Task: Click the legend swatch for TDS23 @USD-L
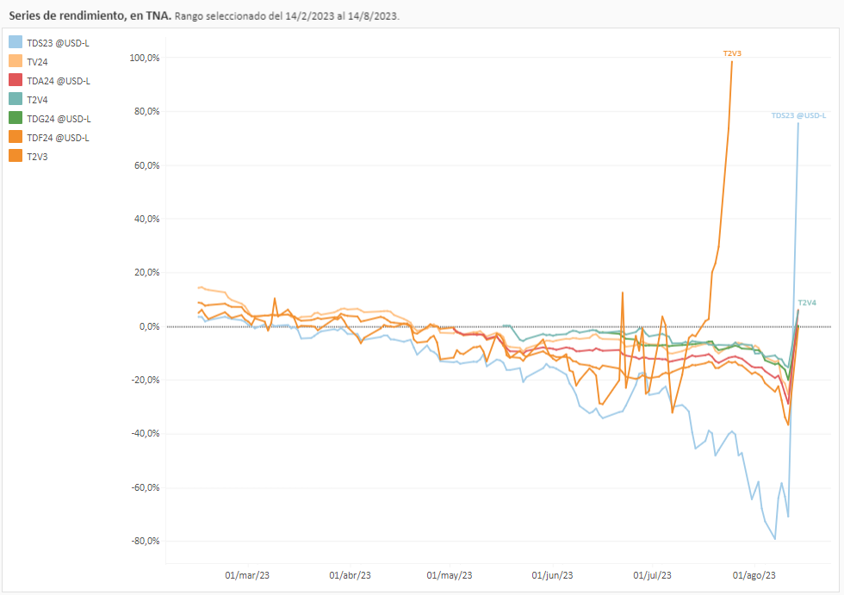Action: tap(16, 42)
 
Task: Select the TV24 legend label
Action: tap(38, 61)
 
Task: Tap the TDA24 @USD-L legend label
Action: tap(58, 80)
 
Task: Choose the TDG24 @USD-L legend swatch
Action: tap(16, 118)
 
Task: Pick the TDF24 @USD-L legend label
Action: tap(58, 137)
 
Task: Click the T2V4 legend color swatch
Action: tap(16, 99)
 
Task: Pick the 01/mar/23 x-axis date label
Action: tap(247, 575)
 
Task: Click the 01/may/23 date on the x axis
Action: tap(450, 575)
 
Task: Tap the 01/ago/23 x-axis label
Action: tap(754, 575)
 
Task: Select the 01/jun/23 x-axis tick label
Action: tap(552, 575)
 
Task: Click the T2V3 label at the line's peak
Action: tap(732, 53)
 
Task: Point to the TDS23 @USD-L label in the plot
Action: tap(797, 115)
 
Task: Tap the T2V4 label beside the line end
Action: tap(807, 303)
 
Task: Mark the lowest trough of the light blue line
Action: tap(775, 539)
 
